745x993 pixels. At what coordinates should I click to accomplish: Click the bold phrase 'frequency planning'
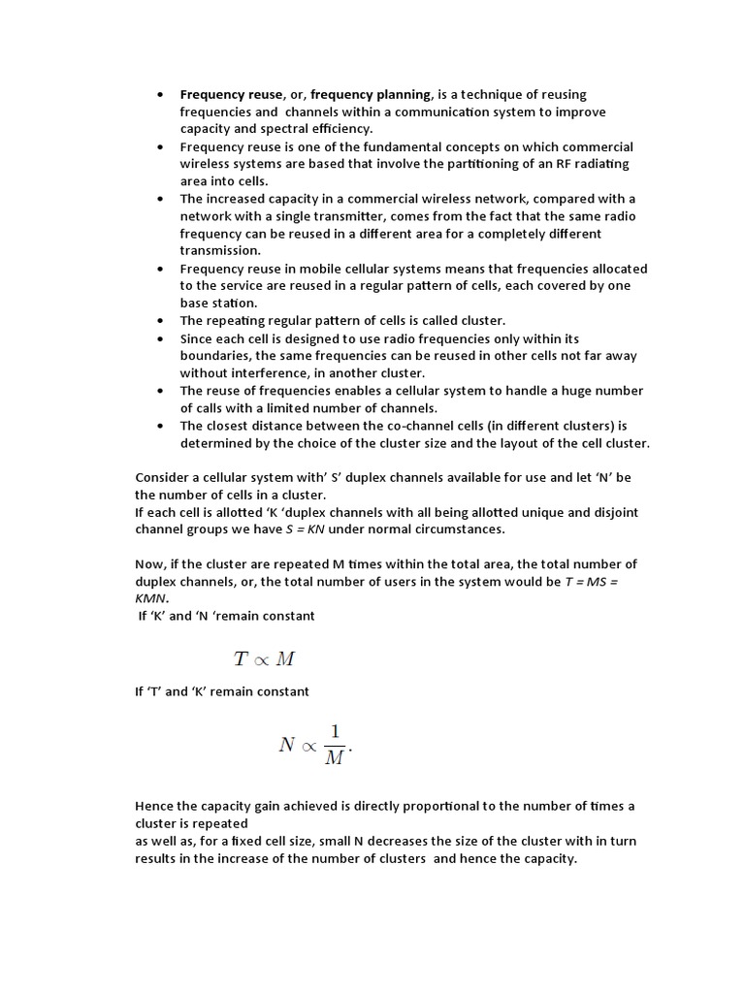371,94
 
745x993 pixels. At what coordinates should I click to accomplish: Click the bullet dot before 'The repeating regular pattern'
159,321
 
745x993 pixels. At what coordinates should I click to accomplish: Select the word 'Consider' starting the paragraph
163,477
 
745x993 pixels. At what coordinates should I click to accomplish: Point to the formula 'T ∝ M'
264,659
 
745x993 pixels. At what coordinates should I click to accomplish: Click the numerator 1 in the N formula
333,732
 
